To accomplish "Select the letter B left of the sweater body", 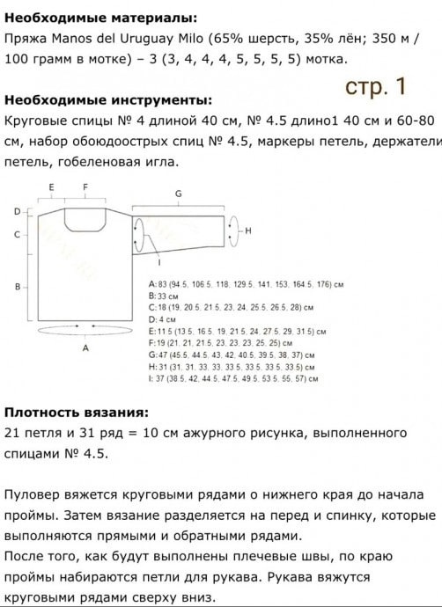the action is (18, 287).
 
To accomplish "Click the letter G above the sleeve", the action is (178, 193).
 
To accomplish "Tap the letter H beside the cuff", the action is (249, 230).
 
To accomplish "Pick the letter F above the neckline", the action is (86, 187).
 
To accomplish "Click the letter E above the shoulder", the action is (52, 187).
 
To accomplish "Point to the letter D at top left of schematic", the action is (18, 211).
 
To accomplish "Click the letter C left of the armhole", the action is (18, 235).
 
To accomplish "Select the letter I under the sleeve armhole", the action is (158, 262).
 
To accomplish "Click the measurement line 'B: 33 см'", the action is (167, 297).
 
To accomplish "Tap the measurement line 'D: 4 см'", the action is (166, 320).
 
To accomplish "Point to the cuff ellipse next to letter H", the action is (231, 230).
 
